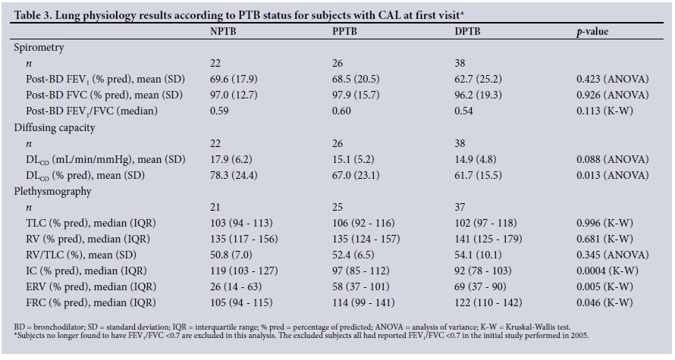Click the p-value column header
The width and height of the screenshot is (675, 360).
point(592,32)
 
